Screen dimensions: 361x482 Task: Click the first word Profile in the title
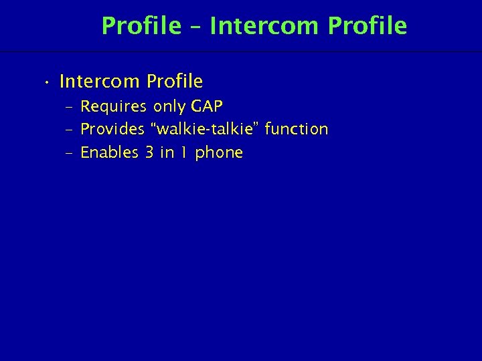coord(141,26)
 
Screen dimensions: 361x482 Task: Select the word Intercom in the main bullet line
coord(100,82)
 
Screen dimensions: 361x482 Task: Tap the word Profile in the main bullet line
coord(174,82)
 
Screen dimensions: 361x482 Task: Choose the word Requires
coord(114,106)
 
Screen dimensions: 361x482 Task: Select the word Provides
coord(112,129)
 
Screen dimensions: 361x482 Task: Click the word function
coord(296,129)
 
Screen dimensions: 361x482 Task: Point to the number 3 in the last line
coord(150,152)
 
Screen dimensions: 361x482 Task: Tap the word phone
coord(219,153)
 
